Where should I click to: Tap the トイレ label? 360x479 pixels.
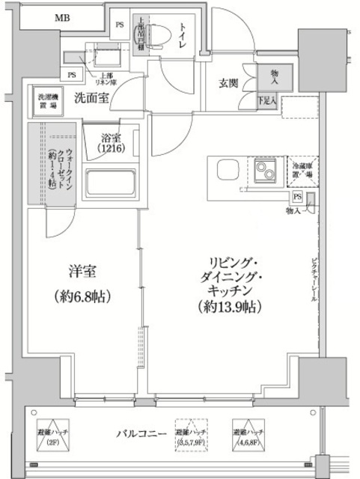coord(182,34)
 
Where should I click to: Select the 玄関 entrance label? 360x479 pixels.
coord(228,83)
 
